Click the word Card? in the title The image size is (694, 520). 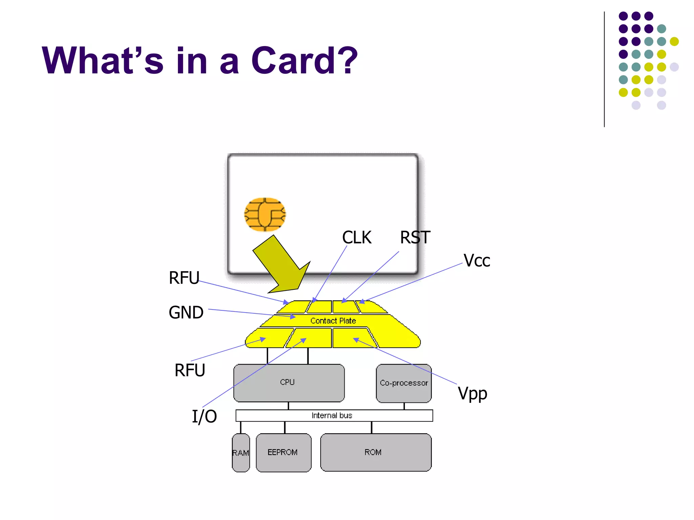point(304,61)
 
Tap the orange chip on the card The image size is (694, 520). point(265,215)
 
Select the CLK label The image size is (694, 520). point(356,237)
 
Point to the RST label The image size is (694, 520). point(415,237)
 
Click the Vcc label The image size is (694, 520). point(476,261)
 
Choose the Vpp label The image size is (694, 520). point(472,394)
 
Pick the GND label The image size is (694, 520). point(186,312)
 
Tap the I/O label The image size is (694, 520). point(204,416)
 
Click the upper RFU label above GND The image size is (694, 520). point(184,278)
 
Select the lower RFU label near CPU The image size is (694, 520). point(190,370)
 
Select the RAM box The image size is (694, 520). point(241,453)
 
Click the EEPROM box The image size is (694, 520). point(283,452)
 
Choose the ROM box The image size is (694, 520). point(375,452)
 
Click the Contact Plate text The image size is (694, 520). point(333,321)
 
